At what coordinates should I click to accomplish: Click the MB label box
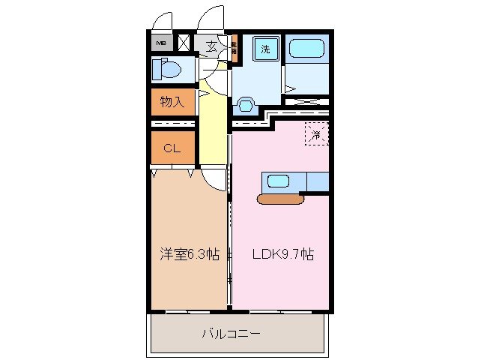[x=161, y=43]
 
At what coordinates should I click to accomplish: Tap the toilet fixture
[x=167, y=70]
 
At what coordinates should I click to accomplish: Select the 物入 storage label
[x=172, y=100]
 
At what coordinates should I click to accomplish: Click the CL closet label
[x=172, y=148]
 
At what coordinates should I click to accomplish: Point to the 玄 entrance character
[x=212, y=46]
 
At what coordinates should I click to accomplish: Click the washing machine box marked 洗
[x=265, y=49]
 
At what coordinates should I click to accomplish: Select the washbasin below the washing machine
[x=245, y=104]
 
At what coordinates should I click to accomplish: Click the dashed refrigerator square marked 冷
[x=316, y=135]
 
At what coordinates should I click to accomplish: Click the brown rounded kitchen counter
[x=279, y=199]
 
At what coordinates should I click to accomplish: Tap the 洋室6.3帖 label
[x=188, y=254]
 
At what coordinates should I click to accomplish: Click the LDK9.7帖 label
[x=276, y=254]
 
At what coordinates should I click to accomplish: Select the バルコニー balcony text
[x=232, y=333]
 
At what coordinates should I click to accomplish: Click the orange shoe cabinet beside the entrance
[x=234, y=49]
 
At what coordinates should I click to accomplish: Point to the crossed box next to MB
[x=184, y=43]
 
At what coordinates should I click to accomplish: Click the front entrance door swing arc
[x=212, y=16]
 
